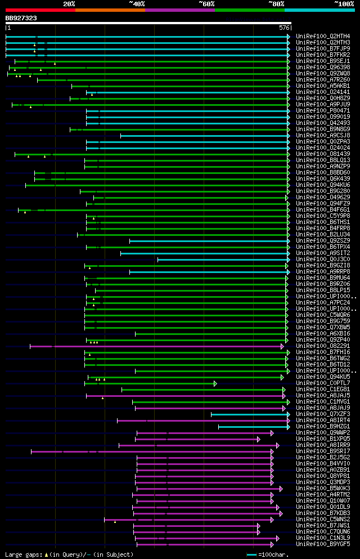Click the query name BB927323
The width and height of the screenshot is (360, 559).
click(21, 18)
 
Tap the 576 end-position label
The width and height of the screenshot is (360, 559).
click(284, 28)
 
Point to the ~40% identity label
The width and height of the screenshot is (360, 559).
click(137, 3)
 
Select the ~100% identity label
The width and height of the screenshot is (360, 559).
click(344, 3)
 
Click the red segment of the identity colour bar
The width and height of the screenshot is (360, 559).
click(40, 10)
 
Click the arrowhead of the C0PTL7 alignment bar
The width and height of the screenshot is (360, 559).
click(215, 383)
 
